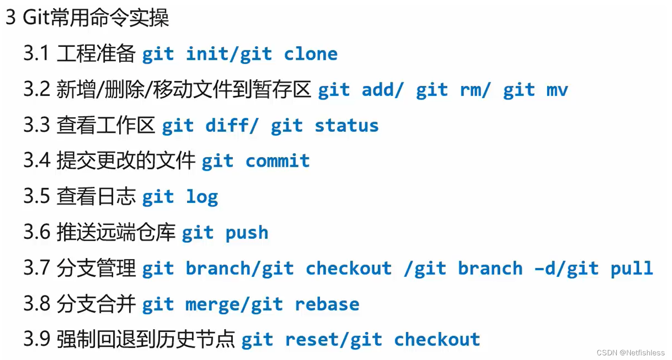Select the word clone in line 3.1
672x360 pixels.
[311, 54]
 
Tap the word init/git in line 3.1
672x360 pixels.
[229, 54]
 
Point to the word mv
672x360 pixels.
[557, 90]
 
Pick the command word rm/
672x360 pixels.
[475, 90]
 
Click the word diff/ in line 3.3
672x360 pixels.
[231, 126]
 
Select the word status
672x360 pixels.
[347, 126]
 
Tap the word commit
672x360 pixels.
[277, 161]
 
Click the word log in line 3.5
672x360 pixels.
[202, 197]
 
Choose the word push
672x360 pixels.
[247, 233]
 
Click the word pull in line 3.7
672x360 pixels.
[632, 268]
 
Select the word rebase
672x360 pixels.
[327, 304]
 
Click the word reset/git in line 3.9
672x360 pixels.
[333, 340]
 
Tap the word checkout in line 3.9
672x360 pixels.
[437, 340]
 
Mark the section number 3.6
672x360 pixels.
[36, 233]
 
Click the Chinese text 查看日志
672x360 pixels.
[96, 197]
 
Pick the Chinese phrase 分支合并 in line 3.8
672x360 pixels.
[96, 304]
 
